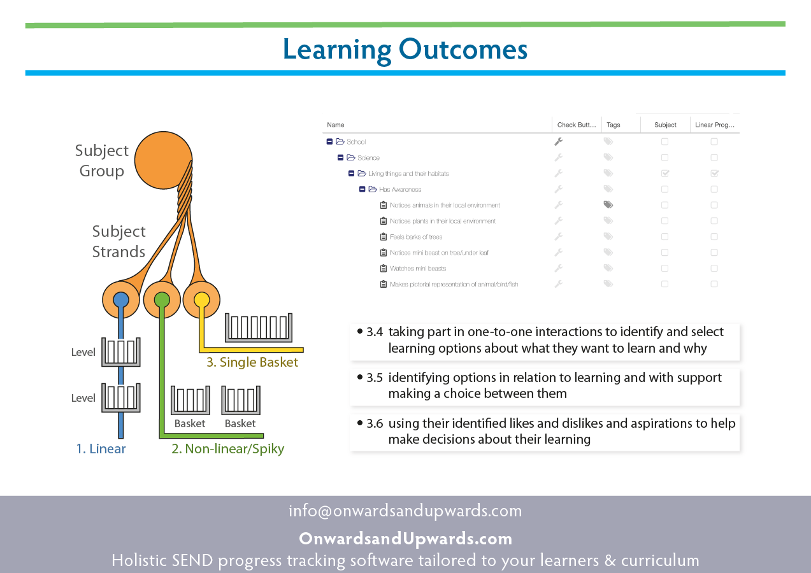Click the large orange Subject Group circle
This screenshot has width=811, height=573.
tap(163, 160)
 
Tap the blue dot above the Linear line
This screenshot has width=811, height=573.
tap(121, 299)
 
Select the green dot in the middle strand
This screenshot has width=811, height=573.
tap(162, 300)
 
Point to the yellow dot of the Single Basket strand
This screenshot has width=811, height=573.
tap(202, 299)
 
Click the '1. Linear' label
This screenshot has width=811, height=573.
tap(101, 449)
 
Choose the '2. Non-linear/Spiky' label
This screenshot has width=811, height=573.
tap(227, 449)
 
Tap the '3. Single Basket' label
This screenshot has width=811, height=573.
tap(252, 362)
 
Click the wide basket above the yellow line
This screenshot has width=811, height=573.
tap(259, 327)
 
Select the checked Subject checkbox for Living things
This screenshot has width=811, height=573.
tap(665, 173)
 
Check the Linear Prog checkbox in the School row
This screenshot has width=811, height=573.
tap(714, 141)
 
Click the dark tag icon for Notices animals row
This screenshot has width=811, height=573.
tap(608, 205)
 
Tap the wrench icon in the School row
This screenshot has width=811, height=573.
tap(558, 141)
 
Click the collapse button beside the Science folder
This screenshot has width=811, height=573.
tap(340, 157)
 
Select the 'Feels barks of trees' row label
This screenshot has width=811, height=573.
tap(416, 237)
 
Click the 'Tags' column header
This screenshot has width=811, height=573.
tap(614, 125)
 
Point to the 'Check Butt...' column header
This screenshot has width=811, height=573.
tap(577, 125)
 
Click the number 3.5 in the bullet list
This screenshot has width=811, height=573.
tap(375, 378)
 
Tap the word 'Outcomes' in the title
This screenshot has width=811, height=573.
tap(463, 50)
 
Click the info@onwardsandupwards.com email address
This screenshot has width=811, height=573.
tap(405, 511)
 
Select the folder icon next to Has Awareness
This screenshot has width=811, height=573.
tap(373, 189)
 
